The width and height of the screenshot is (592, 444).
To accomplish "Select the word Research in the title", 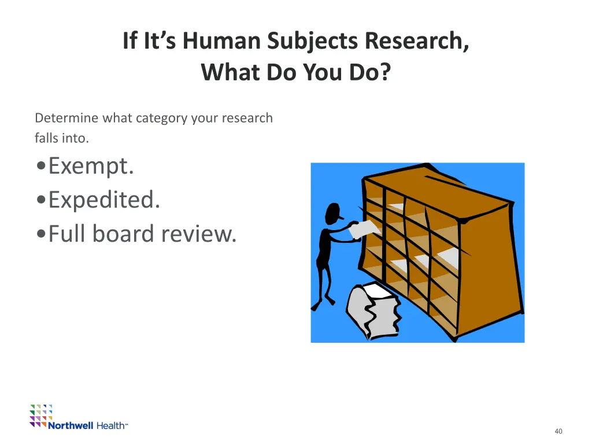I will point(416,41).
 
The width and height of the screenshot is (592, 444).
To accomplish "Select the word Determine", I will point(67,119).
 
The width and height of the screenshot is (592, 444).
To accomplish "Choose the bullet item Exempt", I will point(91,166).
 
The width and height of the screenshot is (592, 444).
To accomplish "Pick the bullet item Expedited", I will point(104,200).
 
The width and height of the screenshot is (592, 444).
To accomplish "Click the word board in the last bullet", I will point(125,234).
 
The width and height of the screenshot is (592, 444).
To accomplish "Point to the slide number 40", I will point(558,431).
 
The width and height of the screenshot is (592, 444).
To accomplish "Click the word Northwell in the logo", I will point(70,426).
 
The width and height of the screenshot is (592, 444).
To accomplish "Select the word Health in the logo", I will point(111,426).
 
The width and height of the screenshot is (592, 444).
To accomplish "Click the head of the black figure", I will point(333,213).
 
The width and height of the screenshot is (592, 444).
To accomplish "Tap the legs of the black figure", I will point(324,283).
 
